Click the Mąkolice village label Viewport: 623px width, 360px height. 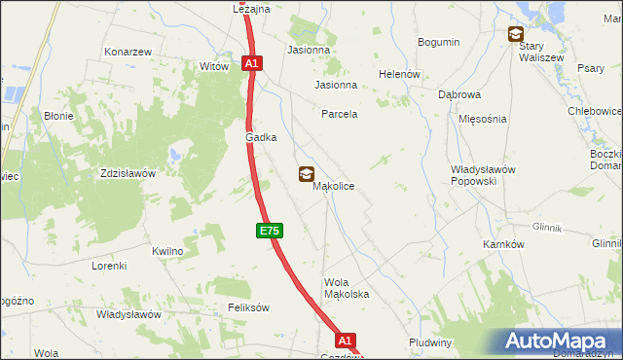click(333, 186)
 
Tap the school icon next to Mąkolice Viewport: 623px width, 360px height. click(307, 174)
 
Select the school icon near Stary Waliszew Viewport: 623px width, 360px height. click(515, 35)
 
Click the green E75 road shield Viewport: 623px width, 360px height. click(271, 231)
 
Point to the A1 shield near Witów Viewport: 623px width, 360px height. click(251, 63)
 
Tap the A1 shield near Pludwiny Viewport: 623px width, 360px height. click(346, 341)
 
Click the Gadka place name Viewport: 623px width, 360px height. click(261, 138)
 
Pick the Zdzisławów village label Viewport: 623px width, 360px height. click(128, 173)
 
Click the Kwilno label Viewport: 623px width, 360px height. click(167, 251)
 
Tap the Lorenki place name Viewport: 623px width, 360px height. click(110, 266)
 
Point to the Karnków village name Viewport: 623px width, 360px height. click(503, 244)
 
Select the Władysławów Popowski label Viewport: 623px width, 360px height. click(474, 175)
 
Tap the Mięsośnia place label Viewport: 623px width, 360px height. click(482, 119)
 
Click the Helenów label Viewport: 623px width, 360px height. click(399, 74)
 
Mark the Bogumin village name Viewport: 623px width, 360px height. click(438, 42)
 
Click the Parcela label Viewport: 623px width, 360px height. click(340, 114)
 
